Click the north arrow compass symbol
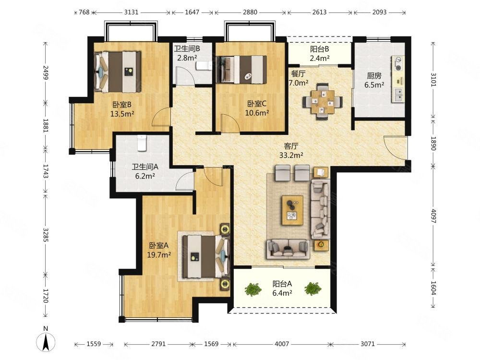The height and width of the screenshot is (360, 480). tap(46, 341)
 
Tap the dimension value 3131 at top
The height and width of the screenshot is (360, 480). tap(132, 12)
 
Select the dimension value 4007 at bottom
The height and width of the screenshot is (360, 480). tap(282, 344)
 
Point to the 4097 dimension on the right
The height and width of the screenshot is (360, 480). tap(433, 216)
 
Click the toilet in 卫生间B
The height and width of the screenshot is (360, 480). tap(203, 66)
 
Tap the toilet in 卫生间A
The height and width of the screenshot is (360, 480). tap(142, 143)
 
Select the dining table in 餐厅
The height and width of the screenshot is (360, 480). tap(323, 101)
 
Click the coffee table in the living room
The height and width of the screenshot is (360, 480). tap(293, 210)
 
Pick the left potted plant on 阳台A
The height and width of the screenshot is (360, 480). tap(253, 289)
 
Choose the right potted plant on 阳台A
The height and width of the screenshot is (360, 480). tap(312, 288)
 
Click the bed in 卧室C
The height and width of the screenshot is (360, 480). tap(241, 70)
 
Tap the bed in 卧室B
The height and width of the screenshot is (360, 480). tap(118, 72)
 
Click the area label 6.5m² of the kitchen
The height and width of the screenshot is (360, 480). tap(374, 85)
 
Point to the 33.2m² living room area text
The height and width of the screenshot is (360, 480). tap(291, 155)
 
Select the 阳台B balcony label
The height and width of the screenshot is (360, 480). tap(319, 49)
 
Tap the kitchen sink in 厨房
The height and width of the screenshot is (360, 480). tap(398, 95)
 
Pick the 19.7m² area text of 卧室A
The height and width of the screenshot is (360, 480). tap(159, 254)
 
